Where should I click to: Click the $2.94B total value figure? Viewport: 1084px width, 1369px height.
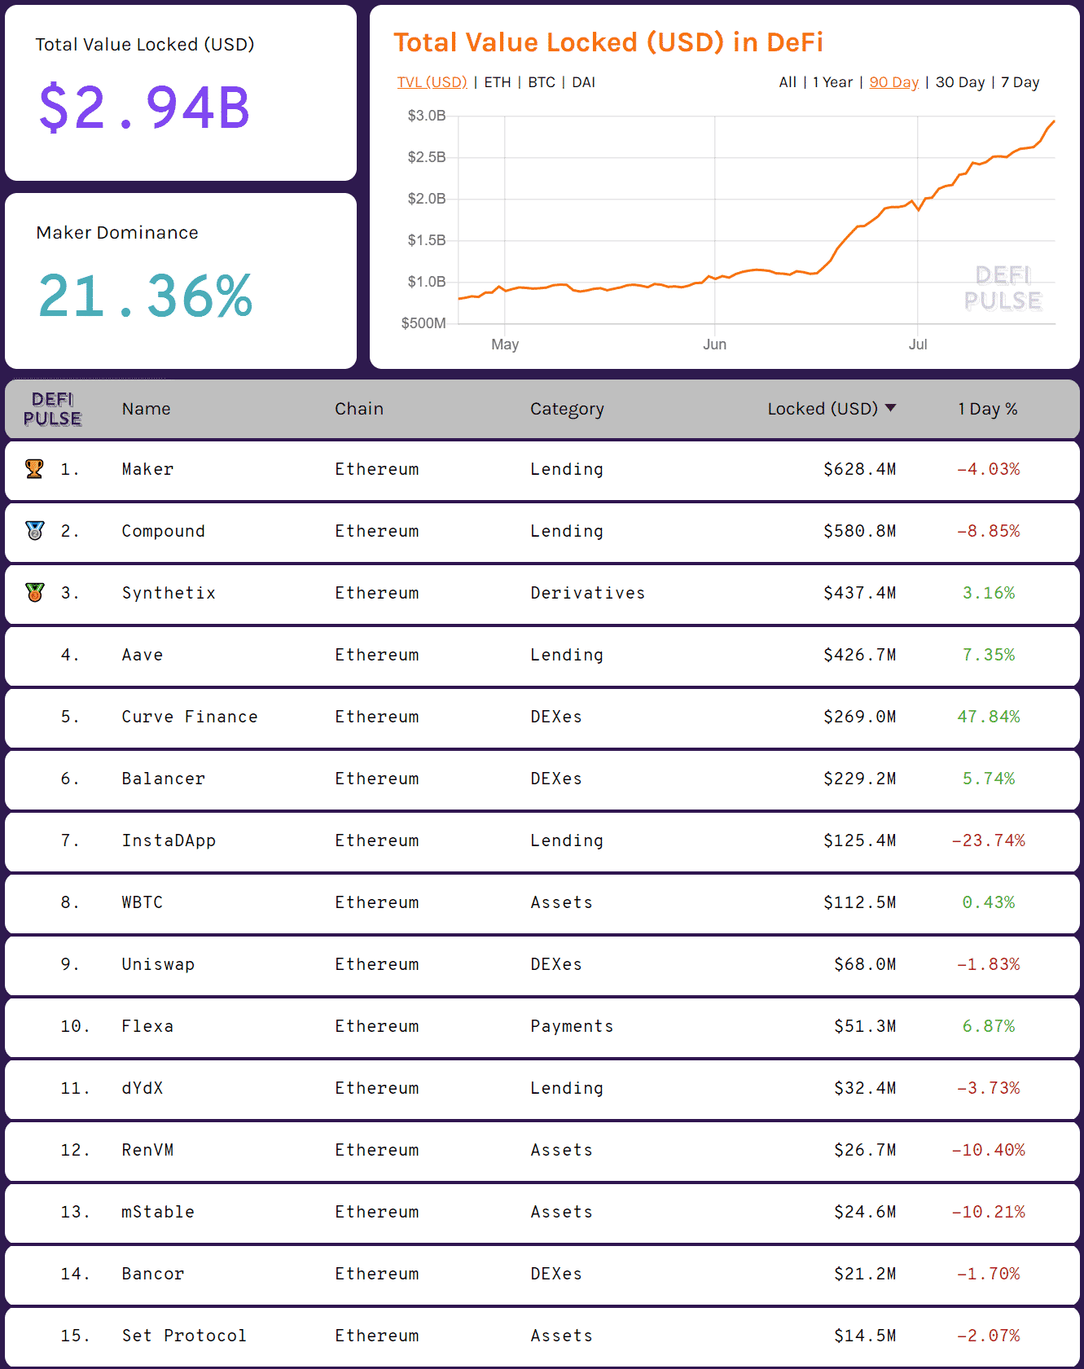pyautogui.click(x=144, y=108)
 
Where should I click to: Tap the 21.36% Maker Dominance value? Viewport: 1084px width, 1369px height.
pyautogui.click(x=146, y=296)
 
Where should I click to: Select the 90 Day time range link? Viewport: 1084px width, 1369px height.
pyautogui.click(x=893, y=82)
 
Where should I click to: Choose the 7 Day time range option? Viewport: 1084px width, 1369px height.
pyautogui.click(x=1020, y=82)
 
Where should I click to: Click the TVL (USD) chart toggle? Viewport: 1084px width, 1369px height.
pyautogui.click(x=432, y=82)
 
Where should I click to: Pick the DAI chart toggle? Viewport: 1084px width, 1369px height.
pyautogui.click(x=583, y=82)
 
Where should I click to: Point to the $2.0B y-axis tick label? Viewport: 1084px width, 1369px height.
pyautogui.click(x=427, y=199)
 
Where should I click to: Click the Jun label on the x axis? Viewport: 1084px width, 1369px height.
pyautogui.click(x=714, y=344)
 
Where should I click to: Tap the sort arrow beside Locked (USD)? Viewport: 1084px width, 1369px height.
pyautogui.click(x=890, y=408)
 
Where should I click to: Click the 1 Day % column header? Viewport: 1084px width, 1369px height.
pyautogui.click(x=987, y=409)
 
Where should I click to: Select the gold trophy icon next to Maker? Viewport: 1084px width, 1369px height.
pyautogui.click(x=34, y=468)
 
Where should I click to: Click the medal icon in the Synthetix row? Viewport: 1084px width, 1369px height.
pyautogui.click(x=34, y=592)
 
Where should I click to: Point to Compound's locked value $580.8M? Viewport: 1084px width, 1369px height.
pyautogui.click(x=859, y=531)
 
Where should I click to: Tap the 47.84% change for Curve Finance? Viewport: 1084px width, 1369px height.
pyautogui.click(x=988, y=717)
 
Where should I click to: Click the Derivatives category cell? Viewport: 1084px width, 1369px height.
pyautogui.click(x=587, y=593)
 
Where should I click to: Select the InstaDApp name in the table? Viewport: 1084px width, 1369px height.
pyautogui.click(x=169, y=840)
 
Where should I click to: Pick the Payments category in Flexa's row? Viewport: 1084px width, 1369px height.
pyautogui.click(x=572, y=1026)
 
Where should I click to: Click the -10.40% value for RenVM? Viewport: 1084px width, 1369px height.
pyautogui.click(x=988, y=1150)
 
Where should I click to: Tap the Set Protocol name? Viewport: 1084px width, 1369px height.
pyautogui.click(x=184, y=1336)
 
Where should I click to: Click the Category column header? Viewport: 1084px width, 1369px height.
pyautogui.click(x=567, y=409)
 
